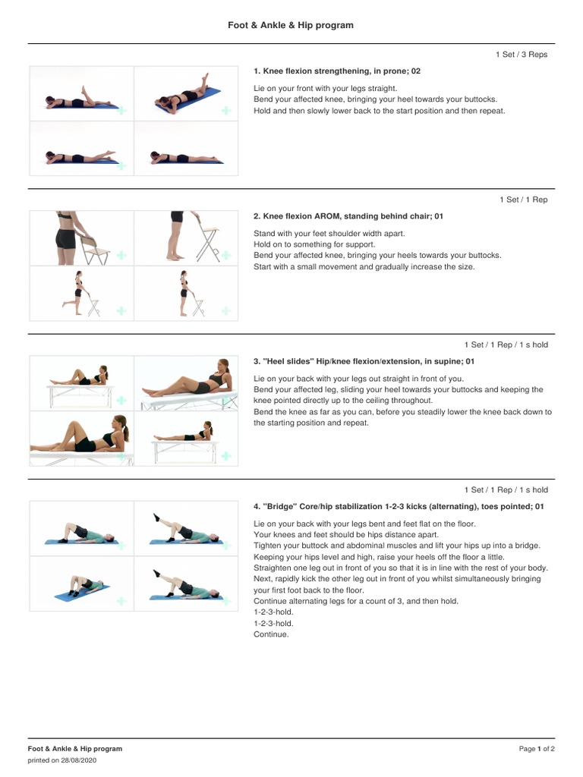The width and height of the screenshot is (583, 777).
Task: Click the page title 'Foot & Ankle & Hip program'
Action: tap(291, 25)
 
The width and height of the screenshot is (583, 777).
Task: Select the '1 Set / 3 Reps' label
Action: tap(521, 55)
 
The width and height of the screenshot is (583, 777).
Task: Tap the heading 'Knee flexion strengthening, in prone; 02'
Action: tap(337, 71)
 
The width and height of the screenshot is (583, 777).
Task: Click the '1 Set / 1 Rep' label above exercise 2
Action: tap(523, 200)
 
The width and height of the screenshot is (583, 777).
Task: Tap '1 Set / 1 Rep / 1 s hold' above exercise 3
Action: tap(506, 344)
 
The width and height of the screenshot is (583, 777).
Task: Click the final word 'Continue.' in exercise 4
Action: tap(271, 634)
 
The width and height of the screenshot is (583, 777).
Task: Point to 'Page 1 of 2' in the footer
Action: tap(537, 749)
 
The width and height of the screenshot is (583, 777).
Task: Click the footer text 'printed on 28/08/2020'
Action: tap(62, 760)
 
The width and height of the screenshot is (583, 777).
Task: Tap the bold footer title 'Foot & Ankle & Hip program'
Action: tap(75, 749)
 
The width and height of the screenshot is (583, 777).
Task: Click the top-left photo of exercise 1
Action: tap(81, 94)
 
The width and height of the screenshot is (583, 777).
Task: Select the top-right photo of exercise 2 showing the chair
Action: tap(186, 238)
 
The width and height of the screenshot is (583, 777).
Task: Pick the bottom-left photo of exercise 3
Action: tap(81, 438)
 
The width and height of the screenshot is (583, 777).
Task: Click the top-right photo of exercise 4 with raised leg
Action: tap(186, 528)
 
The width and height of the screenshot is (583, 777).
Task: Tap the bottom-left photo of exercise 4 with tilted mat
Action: tap(81, 584)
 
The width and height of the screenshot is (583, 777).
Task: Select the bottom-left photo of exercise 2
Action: tap(81, 293)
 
